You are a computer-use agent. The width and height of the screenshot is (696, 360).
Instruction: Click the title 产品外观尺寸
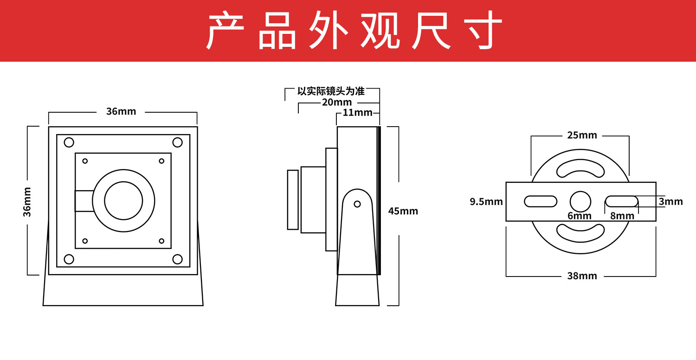point(354,31)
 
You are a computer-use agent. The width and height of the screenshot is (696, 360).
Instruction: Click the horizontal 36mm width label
point(121,111)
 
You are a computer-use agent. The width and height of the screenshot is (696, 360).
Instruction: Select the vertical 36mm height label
point(27,201)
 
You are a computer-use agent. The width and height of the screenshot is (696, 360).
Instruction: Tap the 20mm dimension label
point(336,102)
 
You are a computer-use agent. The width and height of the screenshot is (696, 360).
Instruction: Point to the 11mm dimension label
point(357,112)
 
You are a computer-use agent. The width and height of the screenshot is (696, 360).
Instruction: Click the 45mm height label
point(403,211)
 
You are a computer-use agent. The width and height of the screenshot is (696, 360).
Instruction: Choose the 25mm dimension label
point(582,135)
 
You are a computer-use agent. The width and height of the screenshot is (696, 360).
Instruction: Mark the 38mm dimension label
point(582,276)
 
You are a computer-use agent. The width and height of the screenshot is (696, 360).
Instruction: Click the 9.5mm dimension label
point(486,201)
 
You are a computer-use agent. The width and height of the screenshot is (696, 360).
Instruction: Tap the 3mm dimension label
point(670,201)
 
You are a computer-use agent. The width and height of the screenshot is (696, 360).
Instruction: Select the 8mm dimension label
point(622,216)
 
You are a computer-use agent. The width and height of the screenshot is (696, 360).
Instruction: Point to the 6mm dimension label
point(580,216)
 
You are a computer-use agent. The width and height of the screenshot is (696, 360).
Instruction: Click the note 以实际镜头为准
point(331,91)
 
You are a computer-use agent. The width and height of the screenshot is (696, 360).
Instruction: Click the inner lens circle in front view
point(123,201)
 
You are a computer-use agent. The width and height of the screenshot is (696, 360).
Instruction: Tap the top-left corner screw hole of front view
point(69,142)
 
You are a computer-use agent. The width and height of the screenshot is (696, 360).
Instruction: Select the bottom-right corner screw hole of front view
point(177,259)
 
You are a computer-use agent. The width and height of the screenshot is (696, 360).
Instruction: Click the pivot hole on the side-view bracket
point(357,204)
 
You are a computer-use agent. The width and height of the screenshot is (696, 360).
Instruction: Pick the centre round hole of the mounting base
point(580,201)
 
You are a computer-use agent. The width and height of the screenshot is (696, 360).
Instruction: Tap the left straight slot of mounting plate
point(541,201)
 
